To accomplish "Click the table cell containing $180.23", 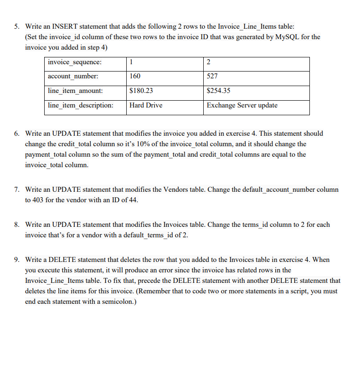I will pos(141,91).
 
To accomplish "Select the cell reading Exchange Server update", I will pos(242,105).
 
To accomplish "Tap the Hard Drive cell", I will pos(146,105).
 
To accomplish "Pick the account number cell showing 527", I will pos(212,76).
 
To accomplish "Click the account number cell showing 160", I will pos(135,76).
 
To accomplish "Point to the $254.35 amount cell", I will pos(218,91).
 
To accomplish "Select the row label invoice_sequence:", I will pos(75,62).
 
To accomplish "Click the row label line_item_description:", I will pos(81,105).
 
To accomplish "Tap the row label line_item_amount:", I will pos(75,91).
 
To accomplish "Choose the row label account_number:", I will pos(73,76).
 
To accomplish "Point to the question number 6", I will pos(16,133).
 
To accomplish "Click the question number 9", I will pos(16,260).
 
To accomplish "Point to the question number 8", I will pos(16,225).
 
